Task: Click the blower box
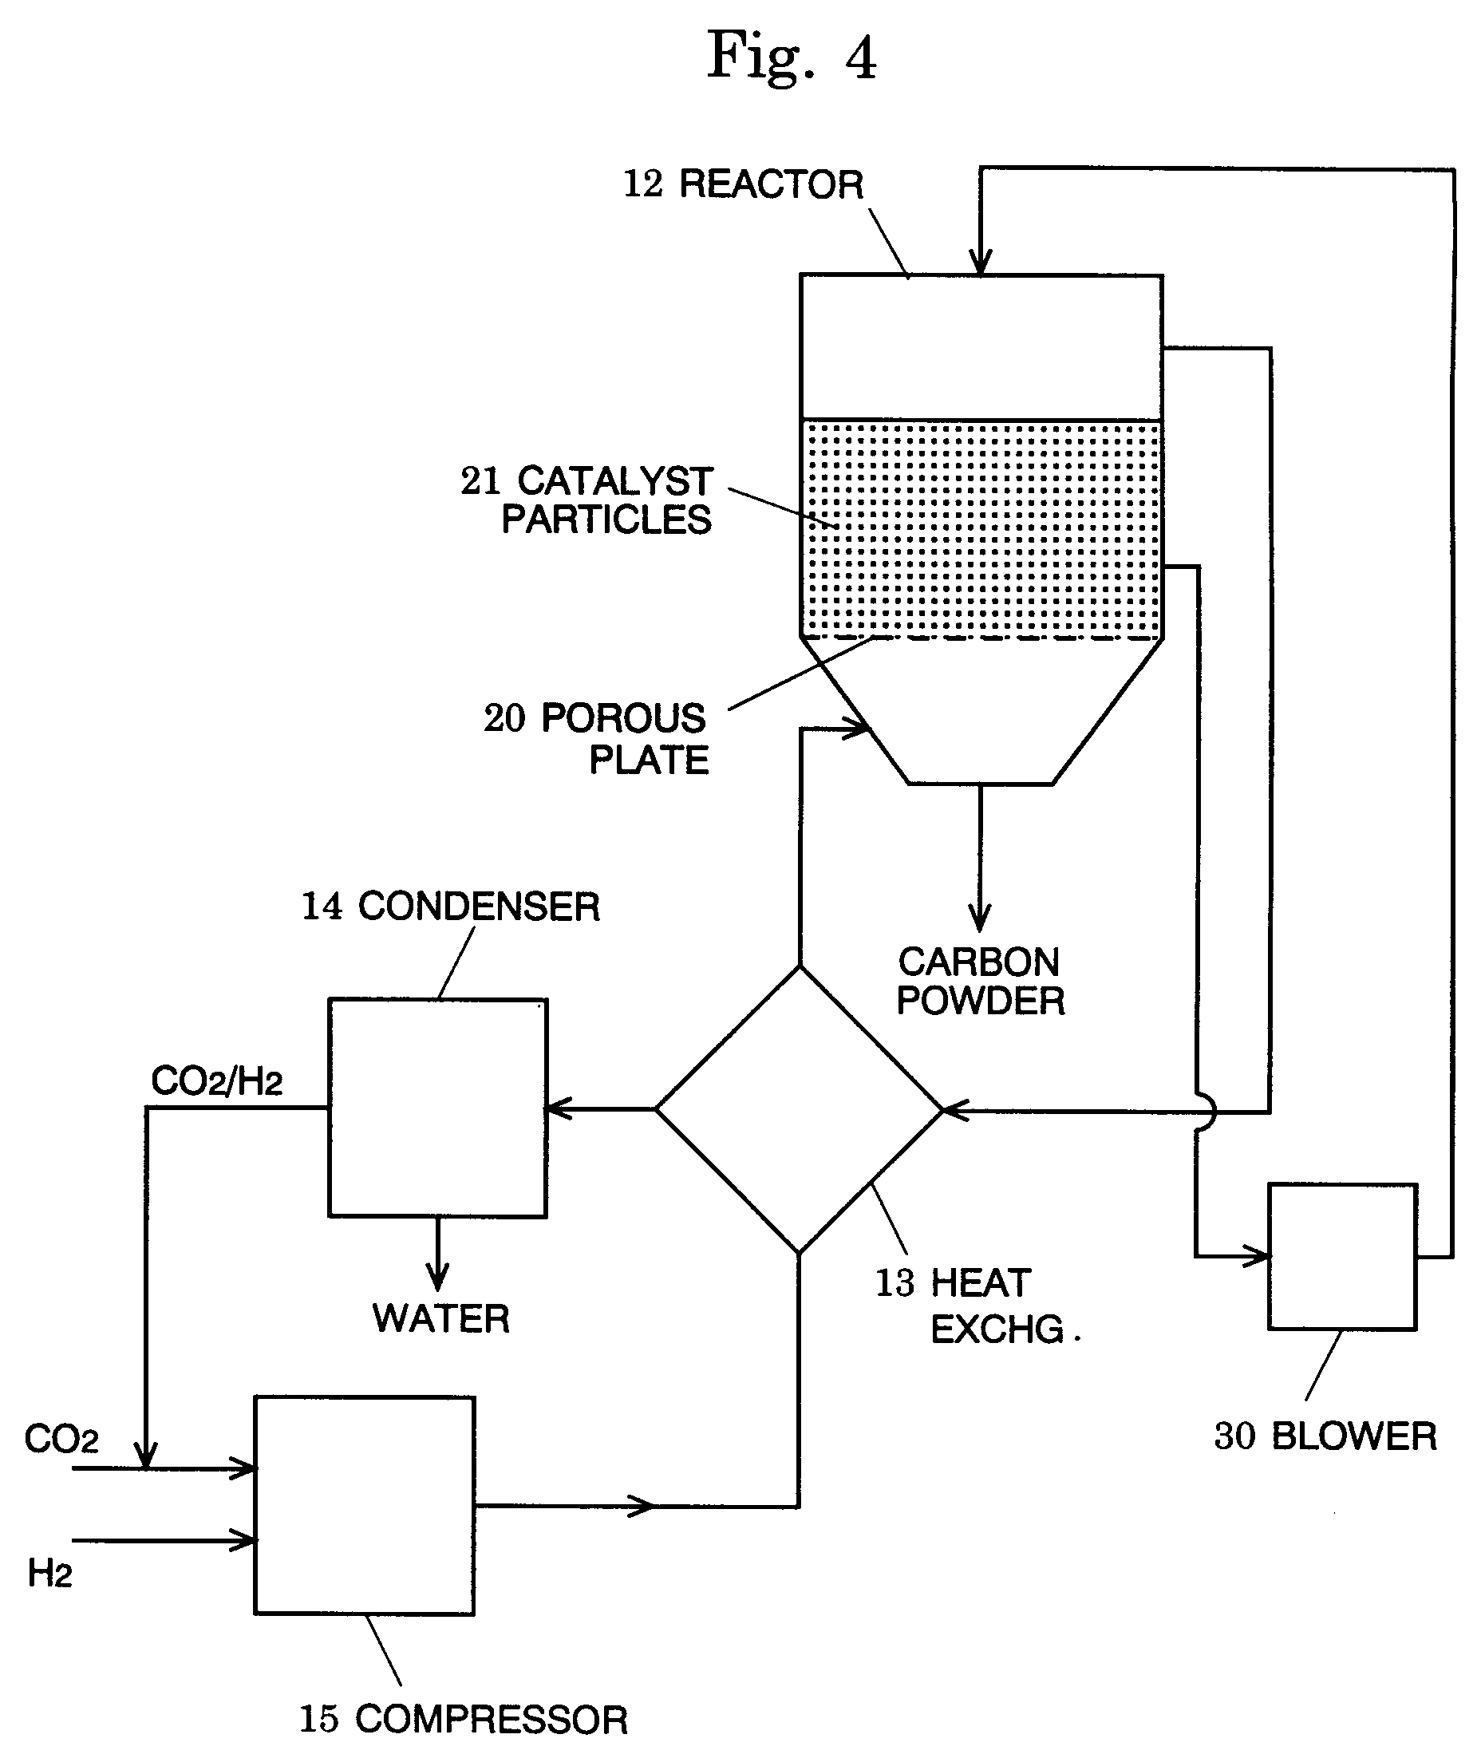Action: tap(1341, 1257)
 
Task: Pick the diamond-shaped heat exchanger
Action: tap(800, 1109)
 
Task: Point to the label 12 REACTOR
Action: tap(743, 184)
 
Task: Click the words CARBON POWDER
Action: tap(980, 982)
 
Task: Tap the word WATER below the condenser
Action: tap(440, 1319)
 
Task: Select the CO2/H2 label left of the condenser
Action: tap(216, 1081)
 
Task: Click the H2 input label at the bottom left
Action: tap(49, 1573)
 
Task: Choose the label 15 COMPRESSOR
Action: tap(464, 1719)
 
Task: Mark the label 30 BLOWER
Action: tap(1325, 1436)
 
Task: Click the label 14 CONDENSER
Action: tap(451, 907)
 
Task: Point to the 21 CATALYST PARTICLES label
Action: tap(588, 500)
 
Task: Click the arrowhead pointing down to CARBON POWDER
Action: tap(980, 917)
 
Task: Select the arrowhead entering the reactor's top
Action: tap(980, 262)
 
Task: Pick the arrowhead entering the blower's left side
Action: tap(1258, 1257)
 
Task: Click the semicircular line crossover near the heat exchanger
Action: tap(1207, 1113)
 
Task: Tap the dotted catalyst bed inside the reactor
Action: tap(981, 529)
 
